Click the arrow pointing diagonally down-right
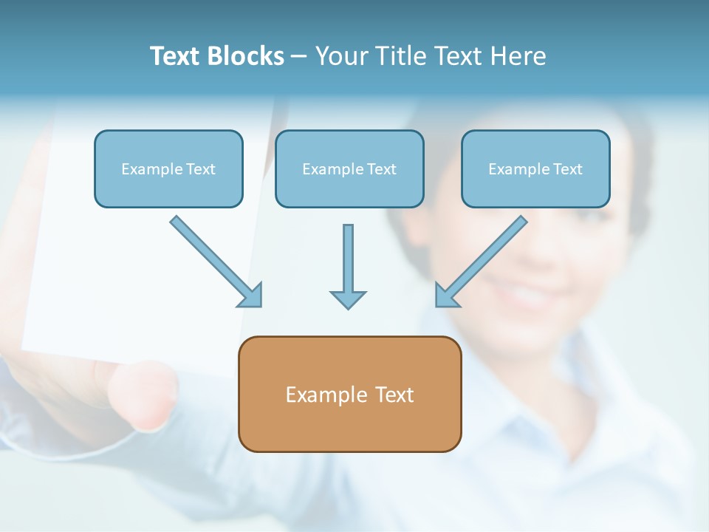tap(214, 260)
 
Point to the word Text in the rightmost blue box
tap(567, 169)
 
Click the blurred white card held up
tap(140, 244)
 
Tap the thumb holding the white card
tap(144, 395)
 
